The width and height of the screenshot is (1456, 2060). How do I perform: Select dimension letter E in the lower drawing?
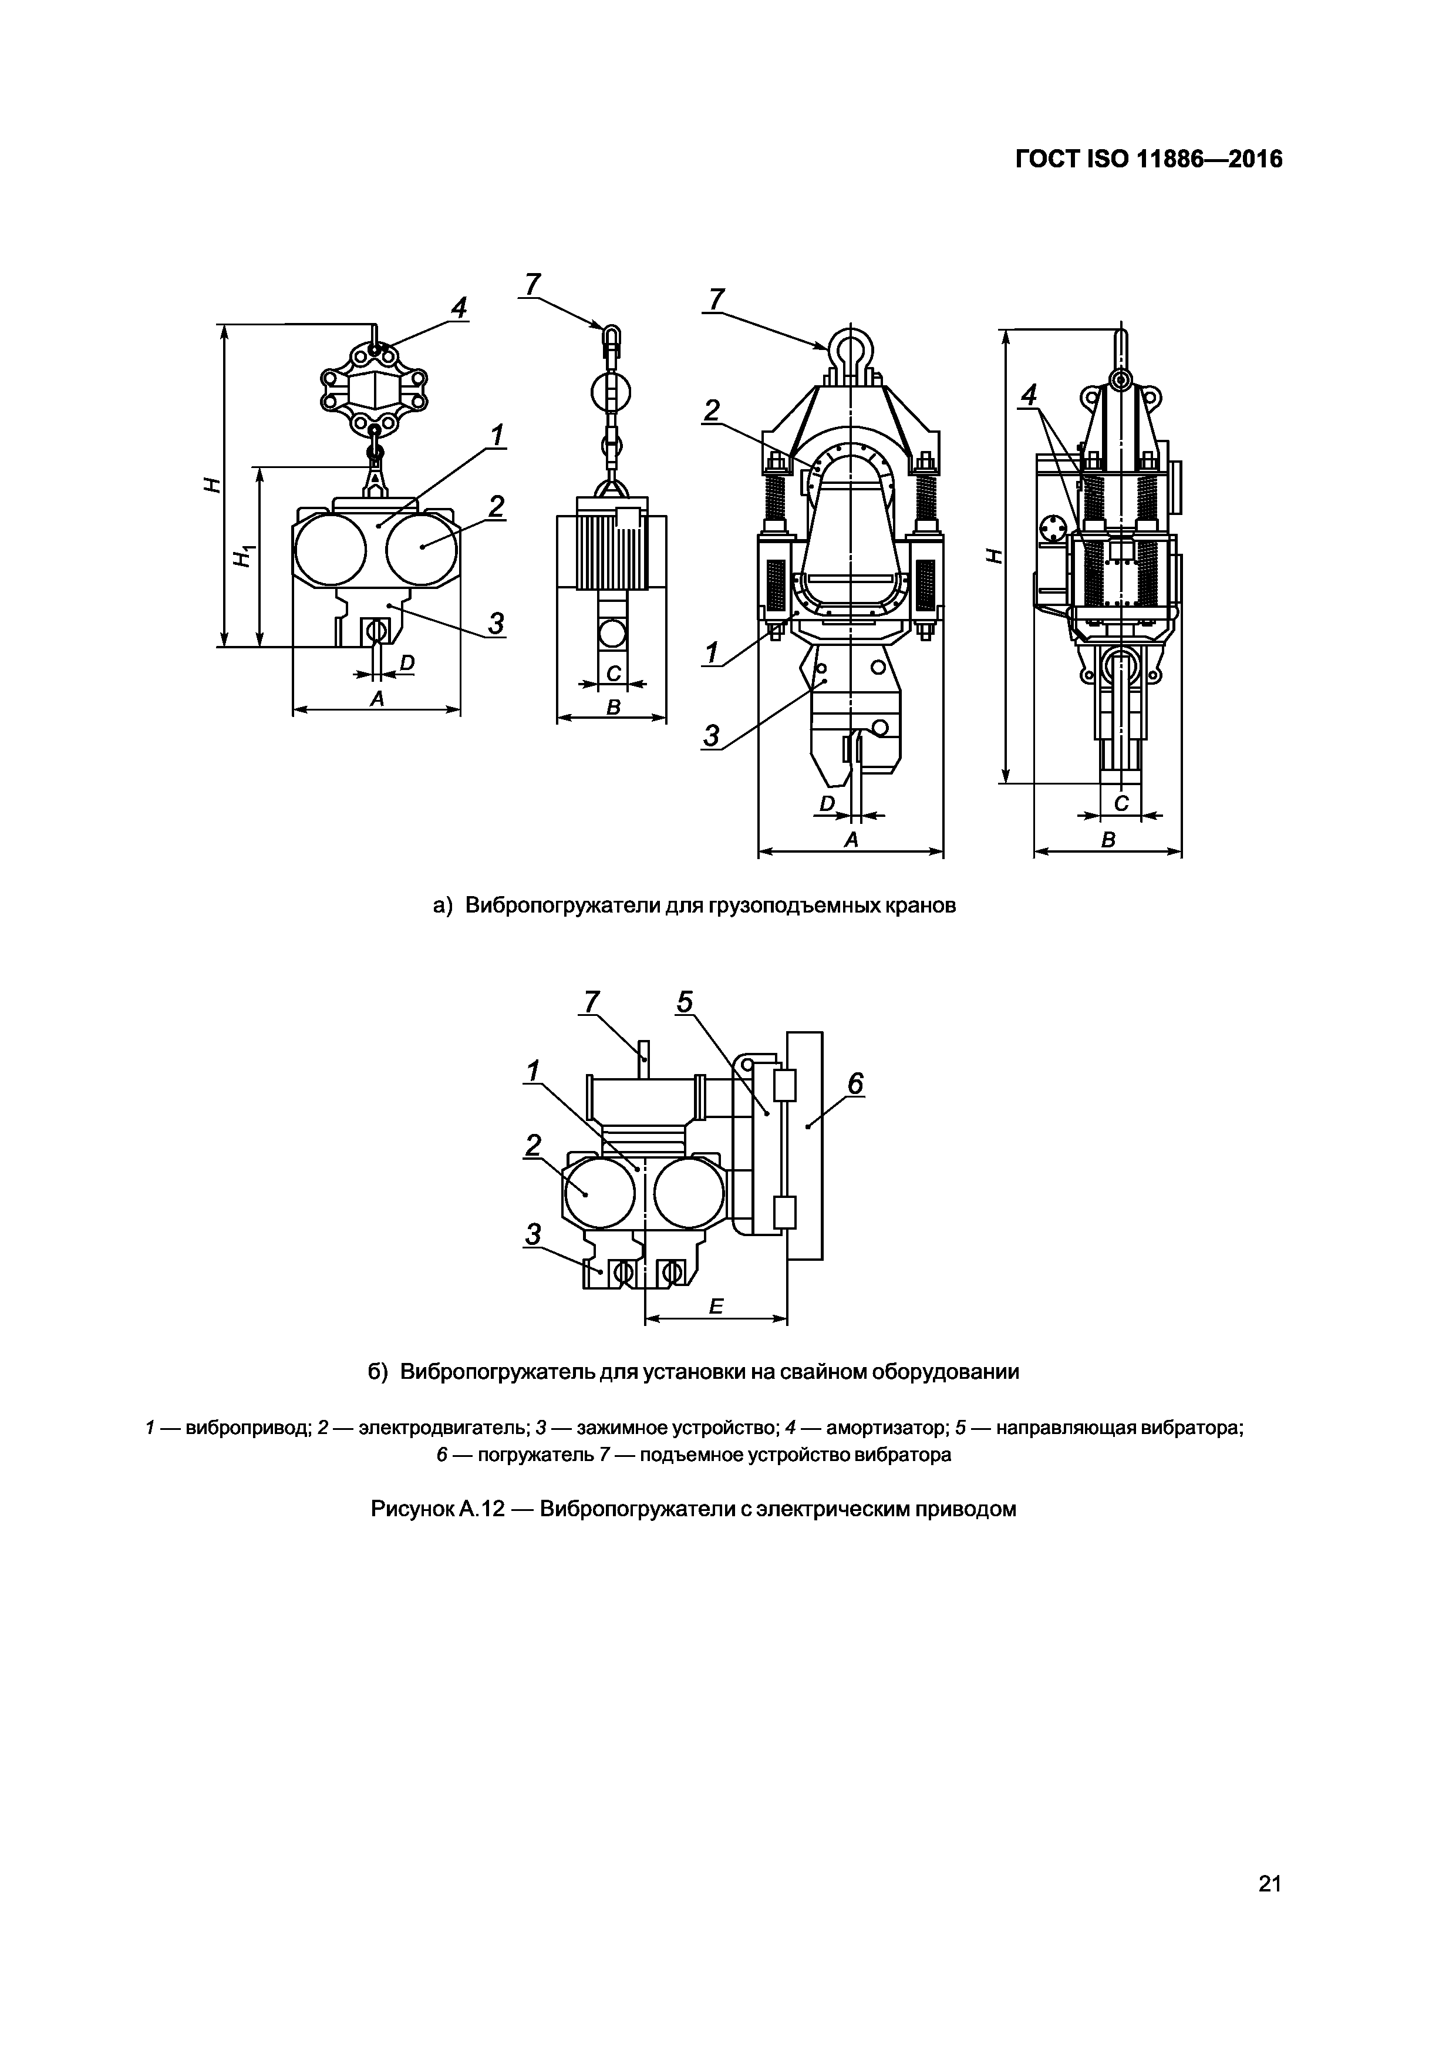click(716, 1307)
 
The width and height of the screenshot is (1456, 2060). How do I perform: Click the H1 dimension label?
click(242, 557)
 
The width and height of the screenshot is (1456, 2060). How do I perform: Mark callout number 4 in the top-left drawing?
click(459, 309)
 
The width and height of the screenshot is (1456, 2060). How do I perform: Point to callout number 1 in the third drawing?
click(712, 653)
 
